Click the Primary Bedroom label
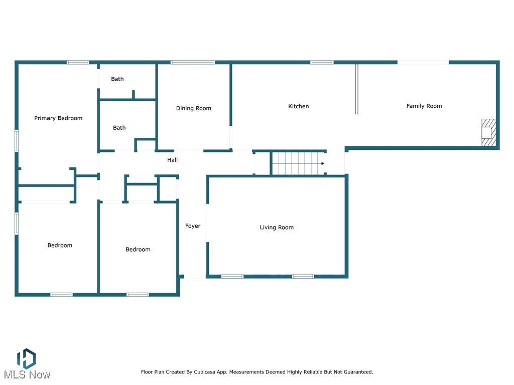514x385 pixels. [58, 118]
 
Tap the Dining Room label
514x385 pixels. [193, 108]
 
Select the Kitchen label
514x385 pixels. [298, 106]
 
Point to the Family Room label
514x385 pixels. [424, 106]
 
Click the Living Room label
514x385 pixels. [277, 227]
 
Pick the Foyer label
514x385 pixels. [193, 226]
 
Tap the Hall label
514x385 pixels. [173, 160]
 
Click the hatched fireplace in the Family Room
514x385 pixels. [488, 132]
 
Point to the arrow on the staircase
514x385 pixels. [323, 163]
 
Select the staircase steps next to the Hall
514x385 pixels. [298, 163]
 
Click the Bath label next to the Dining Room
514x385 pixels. [119, 128]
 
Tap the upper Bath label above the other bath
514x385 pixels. [117, 79]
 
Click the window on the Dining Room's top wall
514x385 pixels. [192, 62]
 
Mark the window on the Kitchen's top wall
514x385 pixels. [322, 62]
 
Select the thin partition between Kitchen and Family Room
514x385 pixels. [357, 89]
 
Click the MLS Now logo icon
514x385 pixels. [26, 359]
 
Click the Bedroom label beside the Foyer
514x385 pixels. [138, 250]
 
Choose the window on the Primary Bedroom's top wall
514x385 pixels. [78, 62]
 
